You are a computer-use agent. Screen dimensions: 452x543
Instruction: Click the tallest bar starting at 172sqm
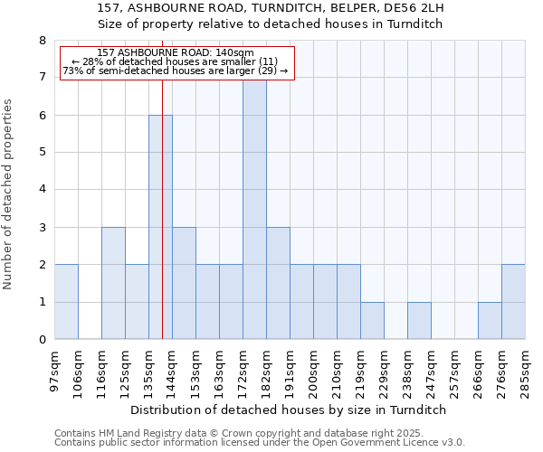[254, 208]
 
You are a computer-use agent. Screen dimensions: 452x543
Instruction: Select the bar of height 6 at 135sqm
[160, 227]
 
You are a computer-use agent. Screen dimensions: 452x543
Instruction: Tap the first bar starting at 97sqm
[66, 302]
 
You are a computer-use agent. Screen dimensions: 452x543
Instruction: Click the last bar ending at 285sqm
[513, 302]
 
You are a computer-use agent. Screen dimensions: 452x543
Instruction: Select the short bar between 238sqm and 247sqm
[419, 321]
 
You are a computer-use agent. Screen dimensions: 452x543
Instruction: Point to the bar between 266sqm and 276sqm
[490, 321]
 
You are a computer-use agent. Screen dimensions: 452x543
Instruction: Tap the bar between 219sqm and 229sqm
[372, 321]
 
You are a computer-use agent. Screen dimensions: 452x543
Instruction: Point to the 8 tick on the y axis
[42, 41]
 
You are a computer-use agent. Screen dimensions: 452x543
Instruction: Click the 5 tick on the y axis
[42, 153]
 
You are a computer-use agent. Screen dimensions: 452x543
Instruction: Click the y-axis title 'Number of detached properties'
[9, 194]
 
